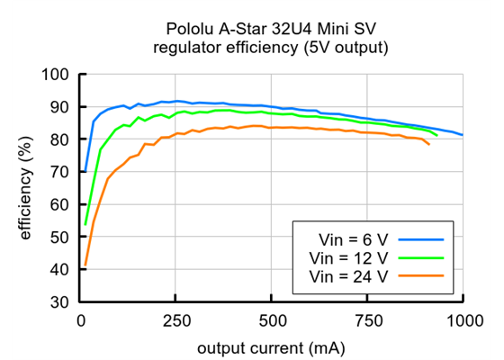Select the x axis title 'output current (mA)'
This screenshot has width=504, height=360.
coord(273,346)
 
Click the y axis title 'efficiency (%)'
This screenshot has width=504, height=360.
coord(25,188)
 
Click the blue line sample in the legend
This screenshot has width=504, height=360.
coord(423,239)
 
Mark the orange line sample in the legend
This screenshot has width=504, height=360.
coord(423,275)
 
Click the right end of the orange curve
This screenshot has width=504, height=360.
coord(428,144)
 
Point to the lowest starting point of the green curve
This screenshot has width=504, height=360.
coord(85,224)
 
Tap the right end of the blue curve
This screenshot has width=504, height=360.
coord(463,135)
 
